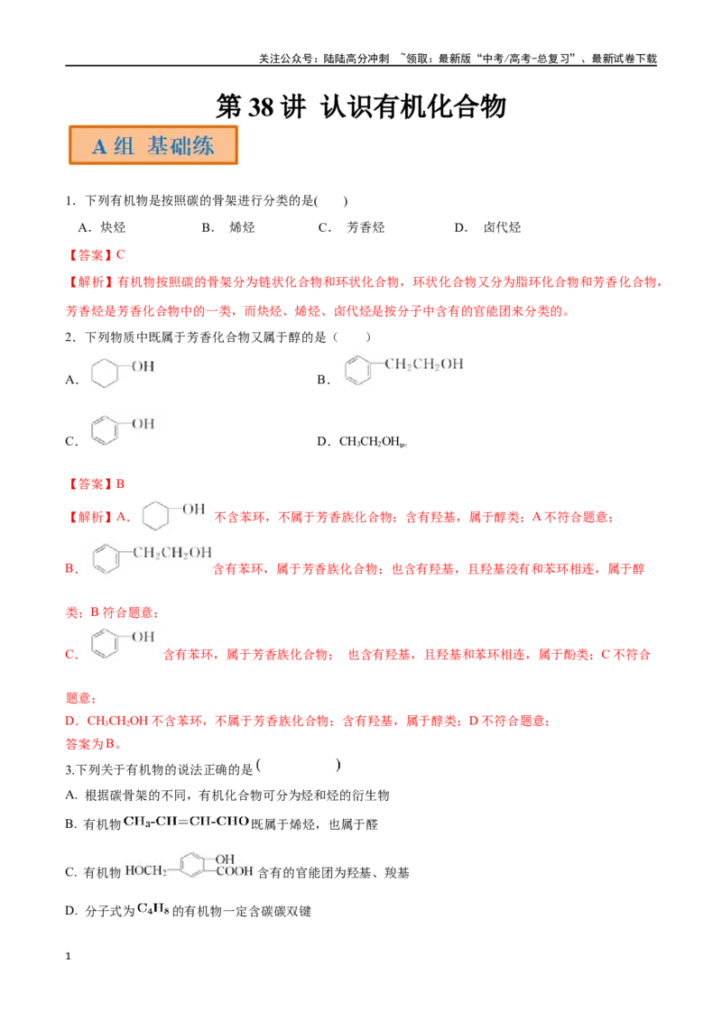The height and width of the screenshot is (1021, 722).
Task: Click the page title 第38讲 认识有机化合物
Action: tap(361, 106)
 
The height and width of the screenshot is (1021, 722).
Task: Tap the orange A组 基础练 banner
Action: tap(153, 145)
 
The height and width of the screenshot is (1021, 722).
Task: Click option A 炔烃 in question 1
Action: tap(102, 227)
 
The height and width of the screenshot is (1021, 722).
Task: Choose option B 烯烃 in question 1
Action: tap(228, 227)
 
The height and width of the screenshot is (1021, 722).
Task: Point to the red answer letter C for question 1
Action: tap(121, 254)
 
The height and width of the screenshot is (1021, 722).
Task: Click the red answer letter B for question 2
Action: tap(120, 483)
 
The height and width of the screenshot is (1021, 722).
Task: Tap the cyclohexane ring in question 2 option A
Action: tap(105, 373)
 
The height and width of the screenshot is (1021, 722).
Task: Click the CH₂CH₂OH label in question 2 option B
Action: tap(423, 364)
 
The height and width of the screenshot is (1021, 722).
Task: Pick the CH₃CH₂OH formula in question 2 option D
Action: tap(369, 441)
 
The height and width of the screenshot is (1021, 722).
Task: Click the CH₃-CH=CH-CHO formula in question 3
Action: tap(186, 821)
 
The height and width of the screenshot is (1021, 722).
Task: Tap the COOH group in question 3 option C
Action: tap(234, 871)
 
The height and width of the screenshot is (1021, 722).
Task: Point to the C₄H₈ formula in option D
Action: tap(153, 910)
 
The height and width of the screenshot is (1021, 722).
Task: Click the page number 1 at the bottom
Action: tap(68, 956)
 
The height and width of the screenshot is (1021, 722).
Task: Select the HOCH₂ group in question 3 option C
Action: tap(146, 870)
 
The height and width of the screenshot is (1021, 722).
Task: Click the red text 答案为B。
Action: tap(94, 743)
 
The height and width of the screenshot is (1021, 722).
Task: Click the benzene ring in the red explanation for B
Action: tap(106, 559)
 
